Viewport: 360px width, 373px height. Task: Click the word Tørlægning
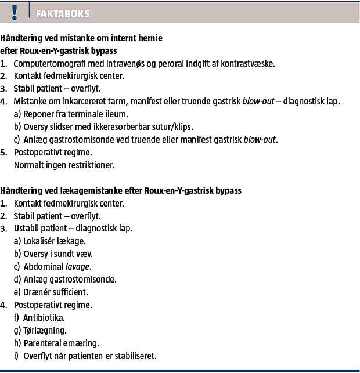(x=45, y=330)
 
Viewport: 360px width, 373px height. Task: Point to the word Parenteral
(x=43, y=343)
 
